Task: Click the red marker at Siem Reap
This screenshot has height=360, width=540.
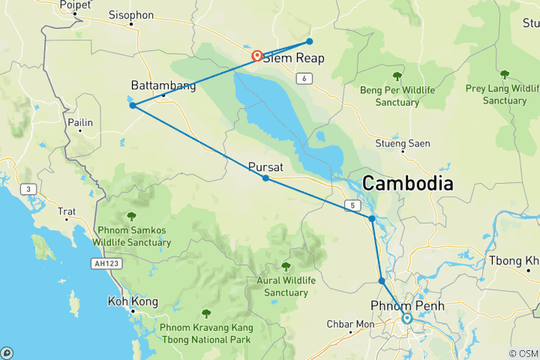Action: tap(256, 55)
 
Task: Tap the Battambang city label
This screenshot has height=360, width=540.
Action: tap(163, 85)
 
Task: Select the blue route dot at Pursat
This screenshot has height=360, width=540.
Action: tap(265, 178)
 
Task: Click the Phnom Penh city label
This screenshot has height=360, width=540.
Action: tap(407, 305)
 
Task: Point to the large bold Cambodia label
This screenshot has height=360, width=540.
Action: tap(408, 183)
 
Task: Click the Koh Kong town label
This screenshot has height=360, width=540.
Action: tap(133, 301)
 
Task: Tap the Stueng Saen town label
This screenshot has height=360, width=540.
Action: tap(403, 143)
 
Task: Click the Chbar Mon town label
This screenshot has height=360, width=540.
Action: tap(349, 324)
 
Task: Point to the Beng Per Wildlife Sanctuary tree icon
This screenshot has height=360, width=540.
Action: tap(397, 76)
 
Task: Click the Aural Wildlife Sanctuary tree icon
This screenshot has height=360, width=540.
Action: tap(285, 266)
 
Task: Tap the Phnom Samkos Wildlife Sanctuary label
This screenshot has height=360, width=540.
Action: tap(132, 237)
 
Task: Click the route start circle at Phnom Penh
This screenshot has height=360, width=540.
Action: tap(406, 318)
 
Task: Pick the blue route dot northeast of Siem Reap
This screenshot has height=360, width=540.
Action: tap(309, 41)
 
